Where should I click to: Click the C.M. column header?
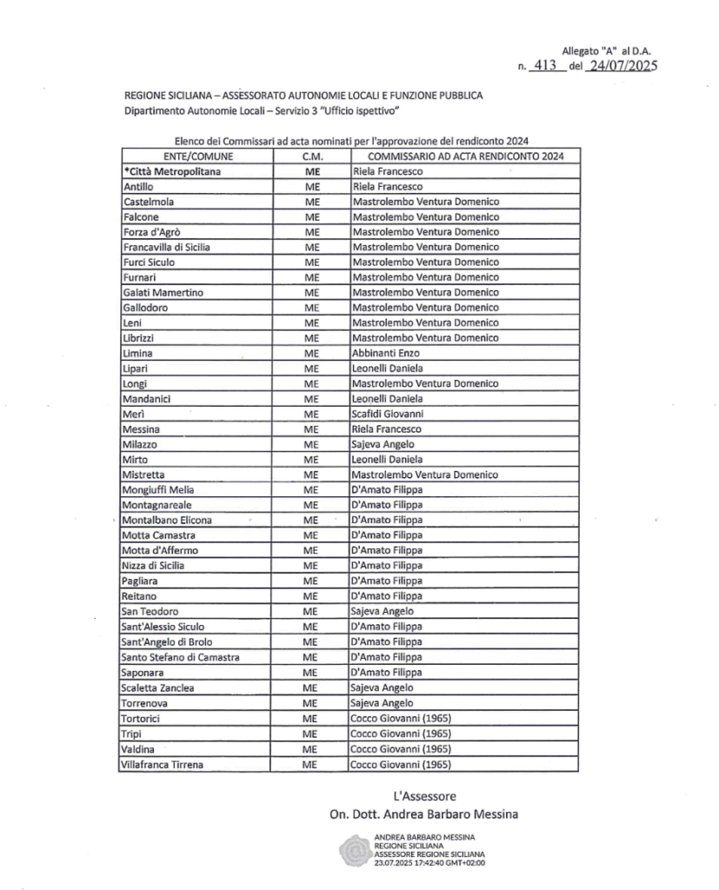(311, 156)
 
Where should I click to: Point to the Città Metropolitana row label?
(173, 172)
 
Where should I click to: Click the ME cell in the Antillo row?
(311, 187)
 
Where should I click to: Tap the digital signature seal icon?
(354, 849)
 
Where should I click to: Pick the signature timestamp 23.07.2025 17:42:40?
(429, 862)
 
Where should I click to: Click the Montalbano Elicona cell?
(168, 520)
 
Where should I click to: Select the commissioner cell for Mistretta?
(424, 475)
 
